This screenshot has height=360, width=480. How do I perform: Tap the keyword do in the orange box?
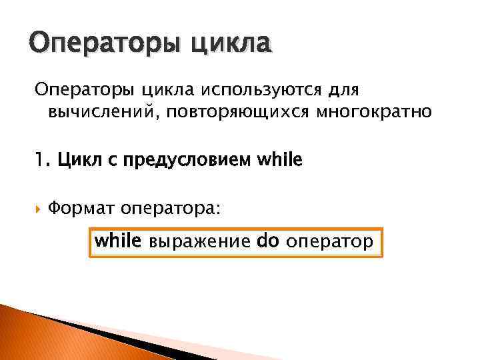point(267,241)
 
